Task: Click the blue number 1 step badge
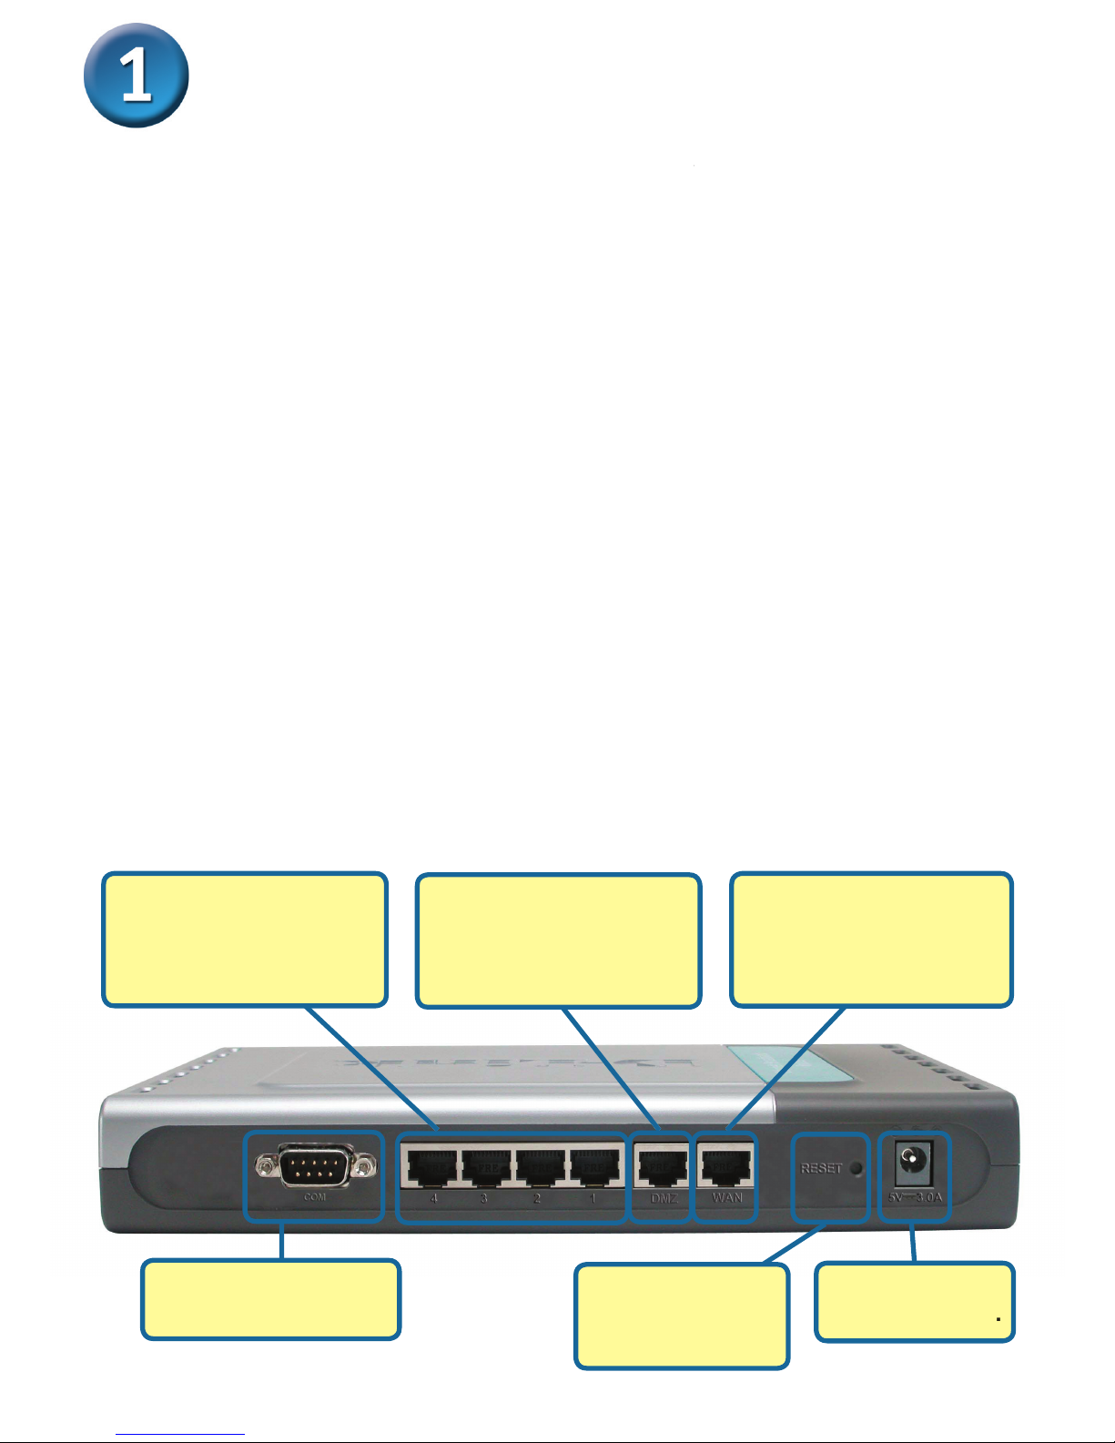[x=137, y=76]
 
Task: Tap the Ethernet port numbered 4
[x=431, y=1166]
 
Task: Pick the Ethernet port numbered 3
[x=485, y=1166]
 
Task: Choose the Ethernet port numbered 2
[x=541, y=1166]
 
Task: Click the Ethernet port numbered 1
[x=595, y=1166]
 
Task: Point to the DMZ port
[x=662, y=1166]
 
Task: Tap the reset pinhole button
[x=855, y=1168]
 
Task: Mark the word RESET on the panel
[x=821, y=1168]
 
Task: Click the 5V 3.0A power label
[x=915, y=1197]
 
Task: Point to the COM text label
[x=315, y=1196]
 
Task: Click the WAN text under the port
[x=727, y=1197]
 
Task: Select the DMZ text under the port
[x=664, y=1198]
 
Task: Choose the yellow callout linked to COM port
[x=270, y=1299]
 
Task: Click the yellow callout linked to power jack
[x=914, y=1302]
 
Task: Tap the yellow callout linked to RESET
[x=681, y=1316]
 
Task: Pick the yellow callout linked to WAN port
[x=871, y=940]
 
